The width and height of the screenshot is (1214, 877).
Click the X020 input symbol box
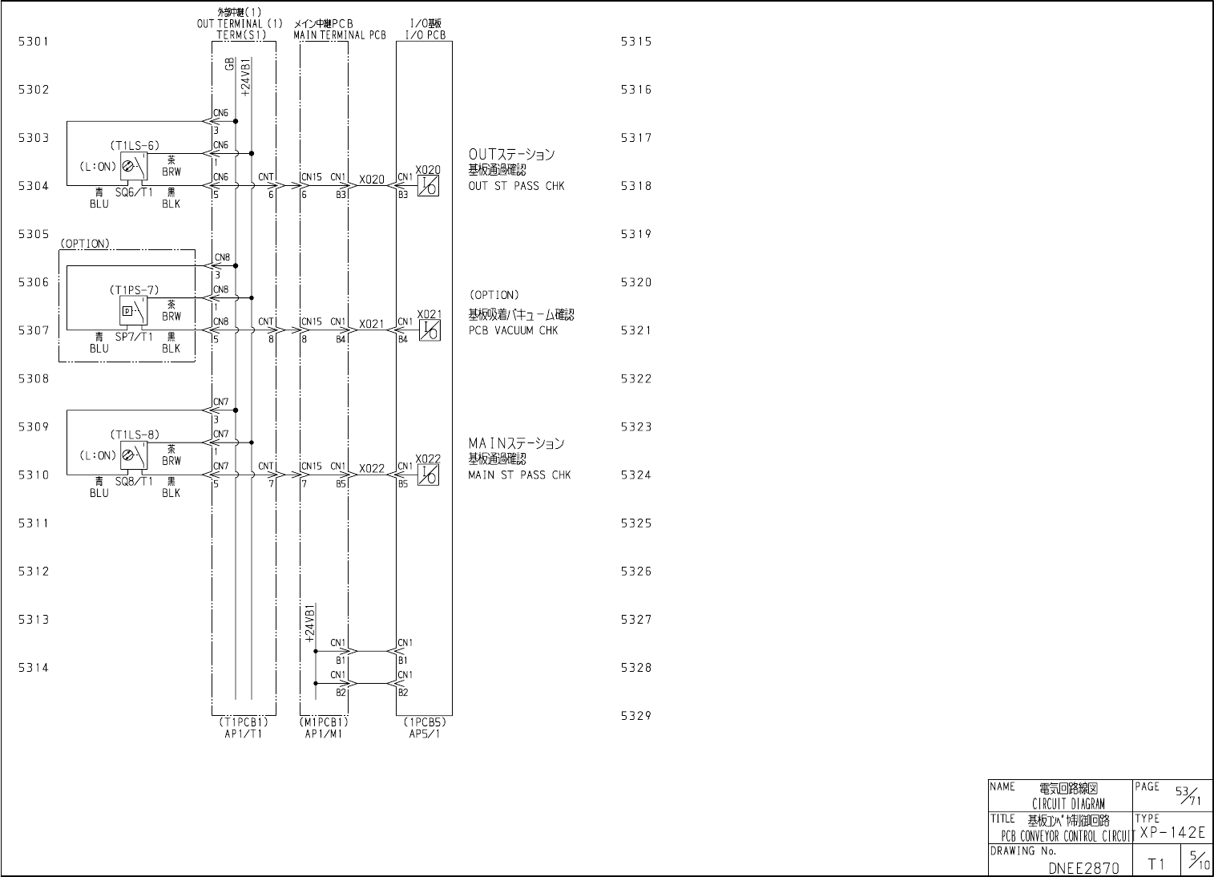(x=429, y=186)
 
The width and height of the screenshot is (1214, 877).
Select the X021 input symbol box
(x=429, y=330)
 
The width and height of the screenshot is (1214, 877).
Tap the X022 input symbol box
(x=429, y=475)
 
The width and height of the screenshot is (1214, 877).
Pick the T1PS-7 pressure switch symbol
(x=134, y=311)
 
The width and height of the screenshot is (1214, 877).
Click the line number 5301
(x=34, y=42)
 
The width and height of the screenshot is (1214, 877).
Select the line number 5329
(x=636, y=716)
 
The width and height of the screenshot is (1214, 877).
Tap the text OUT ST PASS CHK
(x=516, y=186)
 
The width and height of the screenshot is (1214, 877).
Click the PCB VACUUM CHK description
(x=513, y=330)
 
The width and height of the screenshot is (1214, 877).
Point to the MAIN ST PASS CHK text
(x=519, y=475)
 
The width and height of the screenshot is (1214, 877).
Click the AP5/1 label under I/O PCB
(x=424, y=734)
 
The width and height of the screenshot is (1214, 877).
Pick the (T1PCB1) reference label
(x=243, y=722)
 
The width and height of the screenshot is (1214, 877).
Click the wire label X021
(x=371, y=325)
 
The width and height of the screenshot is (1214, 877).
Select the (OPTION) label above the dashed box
(x=84, y=244)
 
